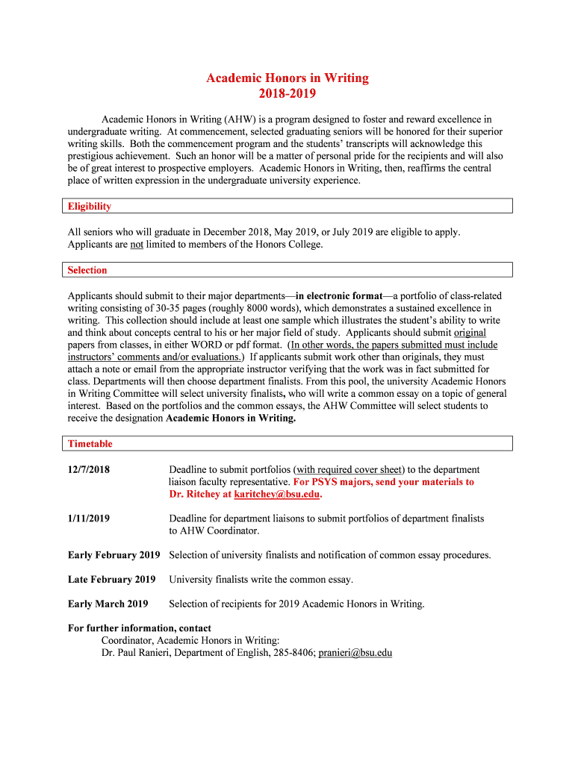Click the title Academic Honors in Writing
[x=287, y=78]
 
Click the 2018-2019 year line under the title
[x=287, y=94]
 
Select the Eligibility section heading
[x=90, y=206]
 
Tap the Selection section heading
[x=87, y=270]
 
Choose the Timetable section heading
[x=90, y=444]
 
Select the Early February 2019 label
[x=114, y=555]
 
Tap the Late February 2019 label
[x=111, y=580]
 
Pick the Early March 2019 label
[x=108, y=604]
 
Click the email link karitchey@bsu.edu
[x=277, y=495]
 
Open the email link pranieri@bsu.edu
[x=355, y=653]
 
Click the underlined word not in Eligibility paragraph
[x=137, y=245]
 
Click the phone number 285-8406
[x=293, y=653]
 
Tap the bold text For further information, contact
[x=140, y=628]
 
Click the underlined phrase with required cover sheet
[x=349, y=470]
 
